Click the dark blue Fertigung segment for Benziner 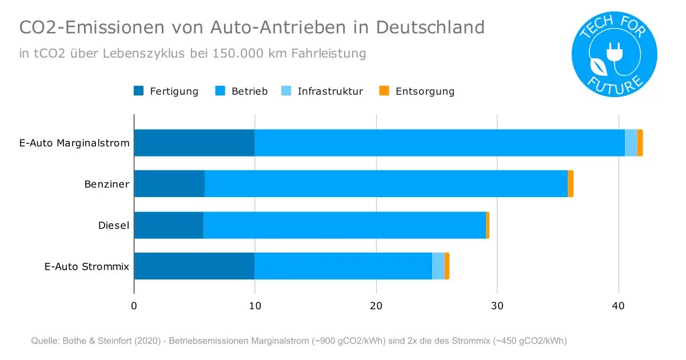click(x=169, y=183)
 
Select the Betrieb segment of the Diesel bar click(x=345, y=225)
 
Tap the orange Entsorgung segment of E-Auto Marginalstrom click(x=640, y=142)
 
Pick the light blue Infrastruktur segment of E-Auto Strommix click(x=438, y=266)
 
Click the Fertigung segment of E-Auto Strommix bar click(x=194, y=266)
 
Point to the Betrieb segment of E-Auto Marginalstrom click(x=439, y=142)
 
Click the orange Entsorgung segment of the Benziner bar click(x=571, y=183)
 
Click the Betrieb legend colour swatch click(x=220, y=91)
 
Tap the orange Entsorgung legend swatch click(x=385, y=91)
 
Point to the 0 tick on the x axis click(x=134, y=306)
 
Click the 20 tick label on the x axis click(x=376, y=306)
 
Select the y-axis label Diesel click(x=114, y=225)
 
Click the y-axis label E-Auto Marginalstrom click(x=74, y=143)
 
